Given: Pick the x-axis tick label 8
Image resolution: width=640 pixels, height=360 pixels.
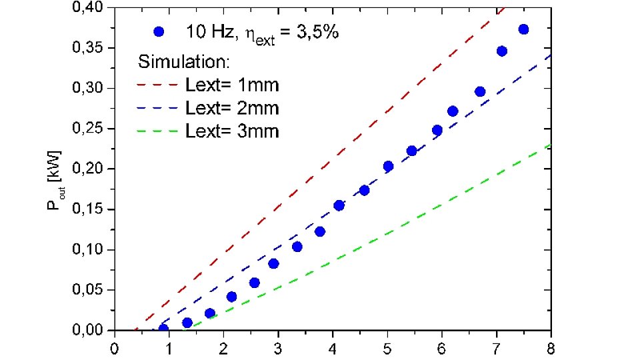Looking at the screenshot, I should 549,347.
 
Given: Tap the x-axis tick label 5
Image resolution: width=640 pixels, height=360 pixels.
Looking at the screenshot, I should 386,347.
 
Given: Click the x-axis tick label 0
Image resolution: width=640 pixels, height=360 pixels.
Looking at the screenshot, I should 115,347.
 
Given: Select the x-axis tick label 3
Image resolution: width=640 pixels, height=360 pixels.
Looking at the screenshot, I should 277,347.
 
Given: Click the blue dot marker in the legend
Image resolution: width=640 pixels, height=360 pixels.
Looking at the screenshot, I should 158,31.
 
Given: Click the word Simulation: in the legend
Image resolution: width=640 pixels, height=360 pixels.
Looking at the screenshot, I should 184,62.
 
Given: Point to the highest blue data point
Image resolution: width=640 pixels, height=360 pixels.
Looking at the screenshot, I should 523,29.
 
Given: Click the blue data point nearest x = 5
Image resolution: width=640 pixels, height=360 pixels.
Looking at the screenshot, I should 389,166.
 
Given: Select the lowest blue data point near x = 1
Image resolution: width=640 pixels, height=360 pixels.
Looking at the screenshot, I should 163,329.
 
